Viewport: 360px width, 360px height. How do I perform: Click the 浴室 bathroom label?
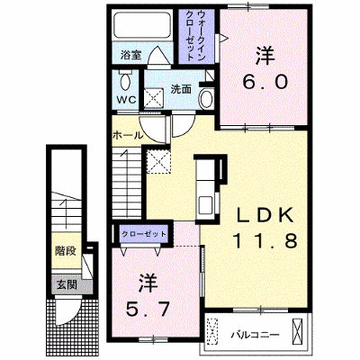pos(130,55)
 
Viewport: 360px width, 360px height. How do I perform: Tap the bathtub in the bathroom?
pos(141,25)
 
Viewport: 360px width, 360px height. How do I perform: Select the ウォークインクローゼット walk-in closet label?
pos(196,35)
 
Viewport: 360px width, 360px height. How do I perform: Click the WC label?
pos(127,100)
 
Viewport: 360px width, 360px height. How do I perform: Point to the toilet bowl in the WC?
pos(125,79)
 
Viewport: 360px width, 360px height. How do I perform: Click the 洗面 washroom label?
pos(181,89)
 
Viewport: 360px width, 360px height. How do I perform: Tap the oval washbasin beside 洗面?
pos(206,99)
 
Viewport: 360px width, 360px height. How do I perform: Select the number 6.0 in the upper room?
pos(265,82)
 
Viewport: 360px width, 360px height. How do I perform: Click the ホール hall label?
pos(128,136)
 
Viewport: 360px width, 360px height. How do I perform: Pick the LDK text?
pos(265,215)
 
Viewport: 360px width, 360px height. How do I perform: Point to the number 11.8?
pos(265,240)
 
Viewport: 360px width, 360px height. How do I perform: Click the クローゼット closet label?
pos(144,234)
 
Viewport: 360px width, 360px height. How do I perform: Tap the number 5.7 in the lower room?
pos(148,309)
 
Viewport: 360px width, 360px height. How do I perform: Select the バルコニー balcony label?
pos(255,335)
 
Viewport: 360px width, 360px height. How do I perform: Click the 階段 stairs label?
pos(65,251)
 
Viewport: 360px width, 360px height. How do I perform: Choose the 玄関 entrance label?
pos(67,284)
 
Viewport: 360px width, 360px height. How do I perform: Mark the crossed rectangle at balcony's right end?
pos(297,332)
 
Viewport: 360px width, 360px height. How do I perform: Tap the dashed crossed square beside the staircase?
pos(158,161)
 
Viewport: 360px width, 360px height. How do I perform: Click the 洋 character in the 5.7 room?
pos(148,283)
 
